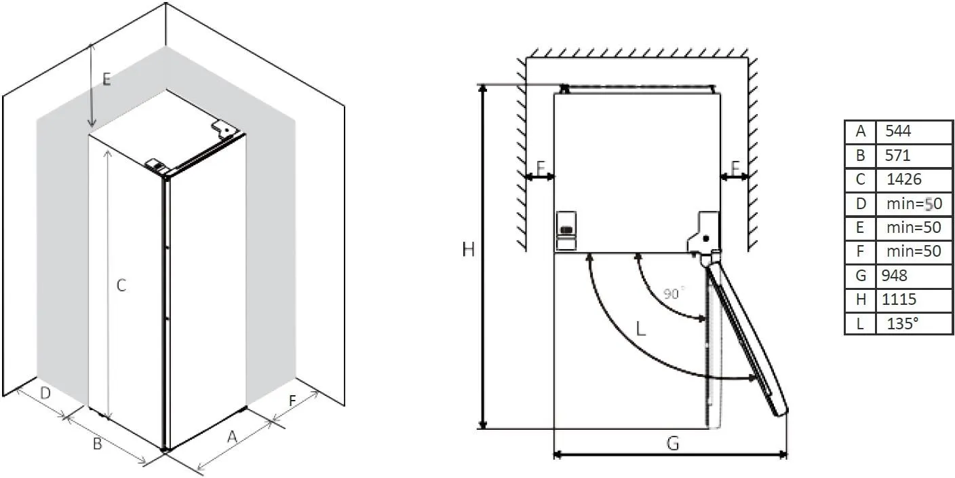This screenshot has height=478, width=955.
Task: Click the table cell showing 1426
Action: tap(914, 179)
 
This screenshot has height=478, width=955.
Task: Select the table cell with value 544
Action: tap(914, 131)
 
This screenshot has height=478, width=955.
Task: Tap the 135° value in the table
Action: tap(914, 323)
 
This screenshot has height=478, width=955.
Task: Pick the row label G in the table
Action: tap(861, 275)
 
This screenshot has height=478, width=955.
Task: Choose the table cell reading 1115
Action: tap(914, 299)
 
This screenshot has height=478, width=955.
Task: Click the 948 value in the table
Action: tap(914, 275)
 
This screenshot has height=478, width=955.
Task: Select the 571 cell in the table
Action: tap(914, 155)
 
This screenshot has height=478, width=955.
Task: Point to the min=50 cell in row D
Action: tap(914, 204)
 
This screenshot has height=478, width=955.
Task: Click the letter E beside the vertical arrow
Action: tap(106, 79)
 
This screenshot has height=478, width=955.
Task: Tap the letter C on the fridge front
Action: tap(121, 286)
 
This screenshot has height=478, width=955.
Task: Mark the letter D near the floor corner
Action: tap(45, 393)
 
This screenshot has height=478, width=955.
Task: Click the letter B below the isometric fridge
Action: tap(97, 444)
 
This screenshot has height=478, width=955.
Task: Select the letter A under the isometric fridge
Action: tap(232, 438)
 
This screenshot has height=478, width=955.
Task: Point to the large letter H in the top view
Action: tap(468, 250)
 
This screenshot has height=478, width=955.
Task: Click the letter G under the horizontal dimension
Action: tap(672, 443)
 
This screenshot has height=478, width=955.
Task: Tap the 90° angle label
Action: tap(674, 293)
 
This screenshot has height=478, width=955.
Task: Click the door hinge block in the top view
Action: tap(704, 234)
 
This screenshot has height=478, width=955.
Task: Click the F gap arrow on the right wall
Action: tap(735, 177)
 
